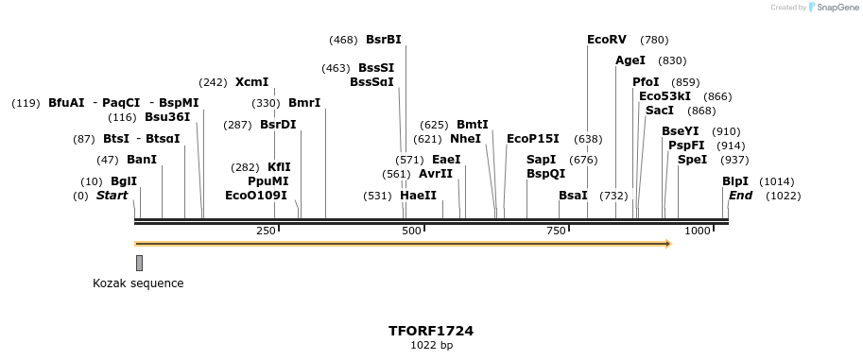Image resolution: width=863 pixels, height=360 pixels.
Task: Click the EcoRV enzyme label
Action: [607, 40]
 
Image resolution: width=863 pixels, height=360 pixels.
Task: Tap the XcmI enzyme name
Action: [252, 82]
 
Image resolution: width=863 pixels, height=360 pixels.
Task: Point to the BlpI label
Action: [735, 181]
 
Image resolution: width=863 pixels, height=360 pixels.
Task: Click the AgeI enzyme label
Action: [630, 60]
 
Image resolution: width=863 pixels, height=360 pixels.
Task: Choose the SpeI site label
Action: [693, 160]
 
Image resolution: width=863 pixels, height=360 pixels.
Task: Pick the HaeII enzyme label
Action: [419, 196]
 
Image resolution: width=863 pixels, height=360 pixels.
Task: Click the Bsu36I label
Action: [167, 117]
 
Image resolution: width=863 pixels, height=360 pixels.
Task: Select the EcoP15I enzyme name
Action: [533, 139]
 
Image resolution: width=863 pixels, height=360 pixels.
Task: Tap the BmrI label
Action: [304, 103]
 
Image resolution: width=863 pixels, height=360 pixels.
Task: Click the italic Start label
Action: [112, 196]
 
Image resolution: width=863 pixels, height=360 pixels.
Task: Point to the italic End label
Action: [741, 196]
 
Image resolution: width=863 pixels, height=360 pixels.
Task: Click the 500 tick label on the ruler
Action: [411, 231]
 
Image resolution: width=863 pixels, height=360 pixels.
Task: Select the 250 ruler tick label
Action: [266, 231]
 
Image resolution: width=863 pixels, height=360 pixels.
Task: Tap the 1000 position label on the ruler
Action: [698, 231]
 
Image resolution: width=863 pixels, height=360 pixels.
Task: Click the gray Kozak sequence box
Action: [139, 263]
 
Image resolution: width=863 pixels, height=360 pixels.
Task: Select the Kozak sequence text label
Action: [138, 283]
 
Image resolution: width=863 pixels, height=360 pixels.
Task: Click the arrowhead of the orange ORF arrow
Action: [667, 244]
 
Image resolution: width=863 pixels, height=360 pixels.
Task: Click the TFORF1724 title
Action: [431, 332]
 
